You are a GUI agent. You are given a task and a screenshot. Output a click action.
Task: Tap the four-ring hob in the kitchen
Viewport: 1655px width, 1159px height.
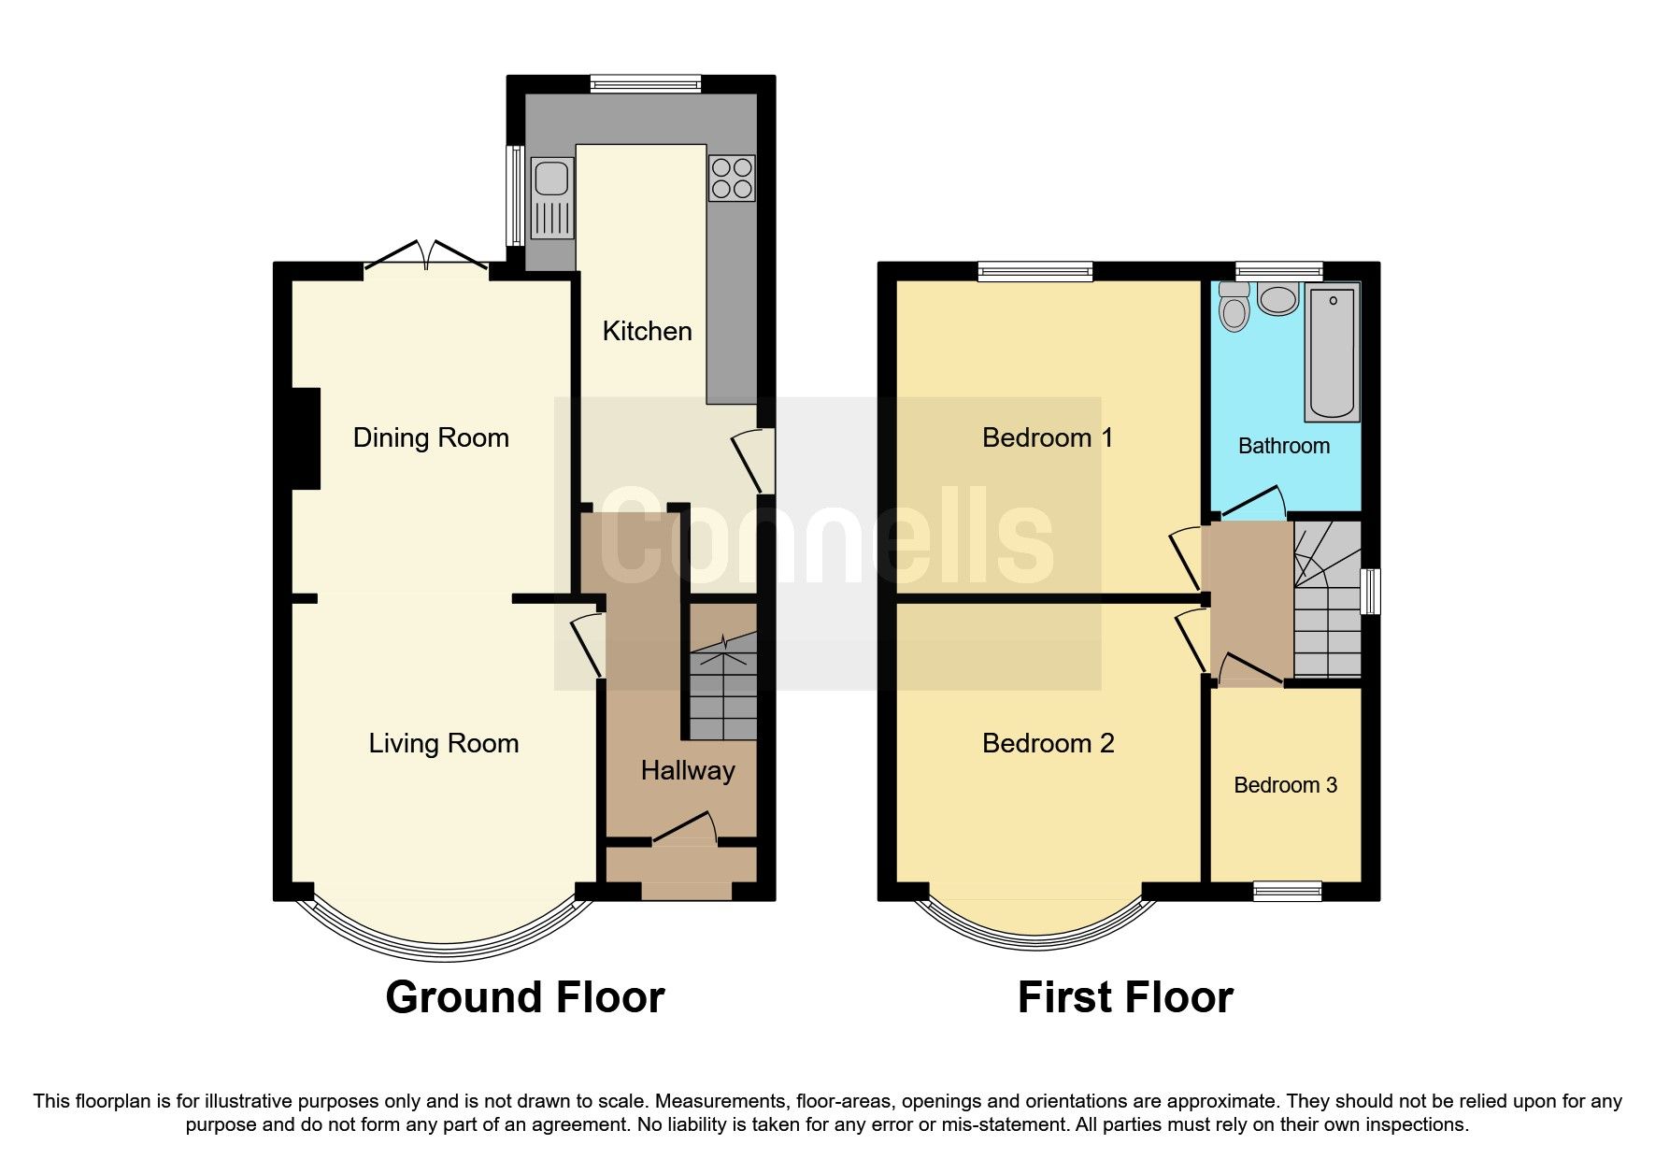(x=732, y=178)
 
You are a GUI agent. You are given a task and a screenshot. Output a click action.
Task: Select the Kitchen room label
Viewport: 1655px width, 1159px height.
(x=647, y=331)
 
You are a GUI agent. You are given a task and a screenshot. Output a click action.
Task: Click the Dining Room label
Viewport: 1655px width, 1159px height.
(x=431, y=437)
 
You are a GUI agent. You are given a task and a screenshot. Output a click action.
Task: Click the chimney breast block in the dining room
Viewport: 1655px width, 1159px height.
(x=306, y=438)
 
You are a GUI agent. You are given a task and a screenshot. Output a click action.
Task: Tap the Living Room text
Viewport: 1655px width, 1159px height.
(x=443, y=743)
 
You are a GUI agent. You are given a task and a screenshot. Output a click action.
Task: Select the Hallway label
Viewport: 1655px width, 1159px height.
(x=688, y=770)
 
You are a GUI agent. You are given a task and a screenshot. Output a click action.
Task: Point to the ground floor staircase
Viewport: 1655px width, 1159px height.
(x=722, y=687)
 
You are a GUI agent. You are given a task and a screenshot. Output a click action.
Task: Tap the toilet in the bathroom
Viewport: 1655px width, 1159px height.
(x=1234, y=305)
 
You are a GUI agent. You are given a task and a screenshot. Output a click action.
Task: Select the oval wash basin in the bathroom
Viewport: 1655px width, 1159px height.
(x=1277, y=299)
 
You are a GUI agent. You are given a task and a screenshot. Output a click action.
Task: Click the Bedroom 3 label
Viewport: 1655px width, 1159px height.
(x=1285, y=785)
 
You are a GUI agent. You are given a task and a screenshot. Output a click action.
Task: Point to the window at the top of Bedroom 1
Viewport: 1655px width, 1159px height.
(x=1035, y=271)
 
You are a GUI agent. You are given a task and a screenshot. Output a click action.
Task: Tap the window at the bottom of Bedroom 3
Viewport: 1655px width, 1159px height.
(x=1287, y=891)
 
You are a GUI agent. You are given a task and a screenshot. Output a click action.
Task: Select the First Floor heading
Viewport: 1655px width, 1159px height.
(x=1125, y=997)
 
